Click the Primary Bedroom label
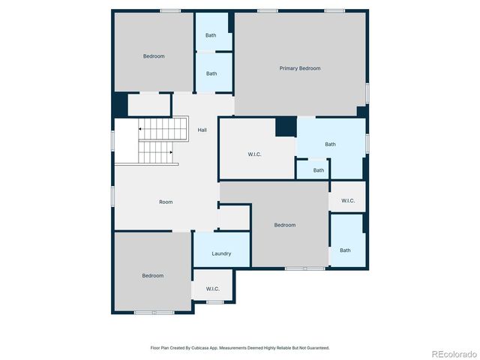(300, 68)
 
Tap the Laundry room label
(221, 253)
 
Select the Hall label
(202, 130)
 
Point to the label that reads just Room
(166, 202)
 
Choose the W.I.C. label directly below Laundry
(212, 289)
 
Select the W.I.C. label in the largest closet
(254, 154)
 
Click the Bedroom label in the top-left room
(154, 56)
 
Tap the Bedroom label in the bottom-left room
(152, 275)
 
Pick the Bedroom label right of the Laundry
(285, 225)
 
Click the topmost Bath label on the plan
(211, 35)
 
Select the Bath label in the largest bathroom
(330, 144)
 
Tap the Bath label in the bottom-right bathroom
(345, 250)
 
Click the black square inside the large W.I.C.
(286, 127)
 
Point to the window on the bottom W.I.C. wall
(215, 301)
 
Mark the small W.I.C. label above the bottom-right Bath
(348, 200)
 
